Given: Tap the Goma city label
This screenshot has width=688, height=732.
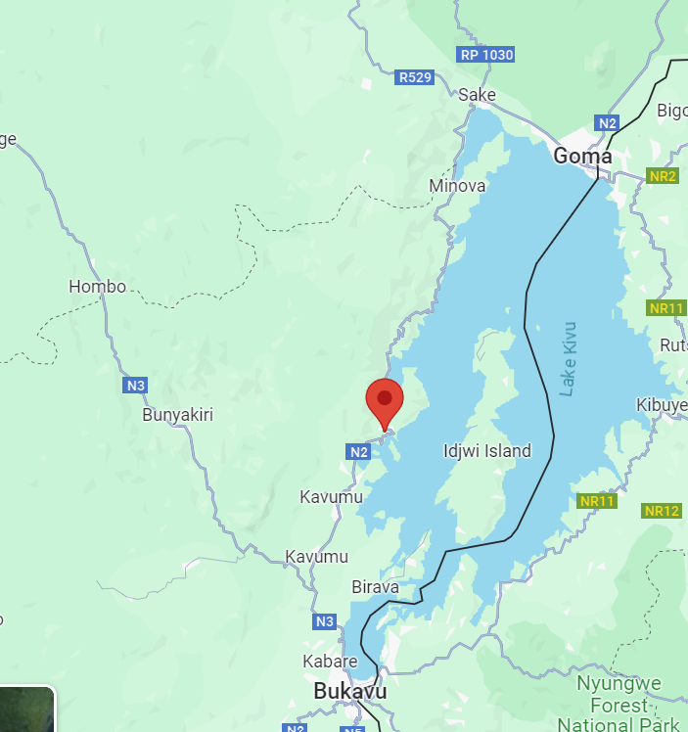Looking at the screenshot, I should [582, 156].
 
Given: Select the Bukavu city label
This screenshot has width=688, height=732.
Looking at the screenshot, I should [349, 691].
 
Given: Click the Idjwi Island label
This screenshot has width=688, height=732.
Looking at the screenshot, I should [486, 451].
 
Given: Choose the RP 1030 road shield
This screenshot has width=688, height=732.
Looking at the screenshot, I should [486, 55].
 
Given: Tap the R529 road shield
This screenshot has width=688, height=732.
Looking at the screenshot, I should [415, 77].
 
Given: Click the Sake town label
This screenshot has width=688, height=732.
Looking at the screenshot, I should [478, 95].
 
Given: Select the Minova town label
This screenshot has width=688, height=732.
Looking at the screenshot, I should [457, 185].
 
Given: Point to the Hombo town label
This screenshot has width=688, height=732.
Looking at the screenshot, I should [97, 287].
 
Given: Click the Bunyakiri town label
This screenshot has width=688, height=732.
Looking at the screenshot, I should [177, 415].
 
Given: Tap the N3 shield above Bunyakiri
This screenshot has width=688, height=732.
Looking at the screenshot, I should [135, 386].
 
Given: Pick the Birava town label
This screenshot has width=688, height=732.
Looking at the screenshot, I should [375, 587].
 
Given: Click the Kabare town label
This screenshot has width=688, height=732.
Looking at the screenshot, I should [330, 662].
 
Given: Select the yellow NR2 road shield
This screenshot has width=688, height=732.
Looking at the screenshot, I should [663, 176].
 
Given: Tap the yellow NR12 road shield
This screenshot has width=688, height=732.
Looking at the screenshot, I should [662, 511].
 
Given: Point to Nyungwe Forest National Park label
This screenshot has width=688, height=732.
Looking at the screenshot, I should [619, 704].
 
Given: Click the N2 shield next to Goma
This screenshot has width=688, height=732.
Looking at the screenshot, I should [607, 123].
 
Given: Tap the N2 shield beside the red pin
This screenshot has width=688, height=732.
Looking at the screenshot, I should [358, 451].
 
